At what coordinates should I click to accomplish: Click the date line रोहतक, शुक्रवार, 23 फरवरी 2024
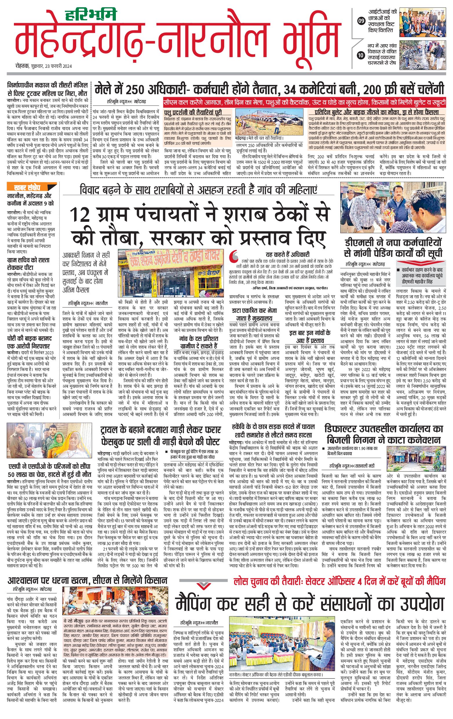(x=44, y=66)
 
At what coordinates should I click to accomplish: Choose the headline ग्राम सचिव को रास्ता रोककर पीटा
(x=28, y=264)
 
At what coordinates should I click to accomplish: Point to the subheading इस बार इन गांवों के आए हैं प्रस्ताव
(x=310, y=337)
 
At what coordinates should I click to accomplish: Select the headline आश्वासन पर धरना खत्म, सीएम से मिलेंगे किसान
(x=87, y=580)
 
